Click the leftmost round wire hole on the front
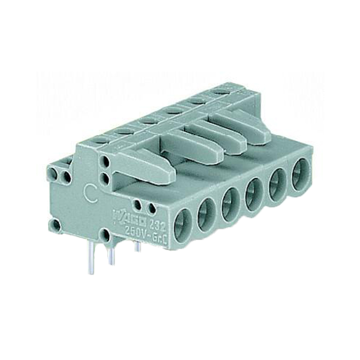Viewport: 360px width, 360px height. tap(184, 225)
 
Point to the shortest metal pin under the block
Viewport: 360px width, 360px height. tap(138, 246)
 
